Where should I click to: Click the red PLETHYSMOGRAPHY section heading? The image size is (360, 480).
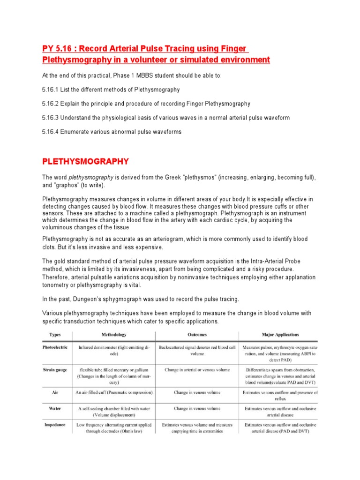coord(85,161)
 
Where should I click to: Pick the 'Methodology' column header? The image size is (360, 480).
coord(114,335)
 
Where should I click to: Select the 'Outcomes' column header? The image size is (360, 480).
coord(197,335)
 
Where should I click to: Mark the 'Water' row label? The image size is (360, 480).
coord(55,408)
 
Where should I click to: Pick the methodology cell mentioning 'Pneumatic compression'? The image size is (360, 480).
coord(114,392)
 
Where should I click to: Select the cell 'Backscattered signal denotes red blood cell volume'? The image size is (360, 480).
coord(197,351)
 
